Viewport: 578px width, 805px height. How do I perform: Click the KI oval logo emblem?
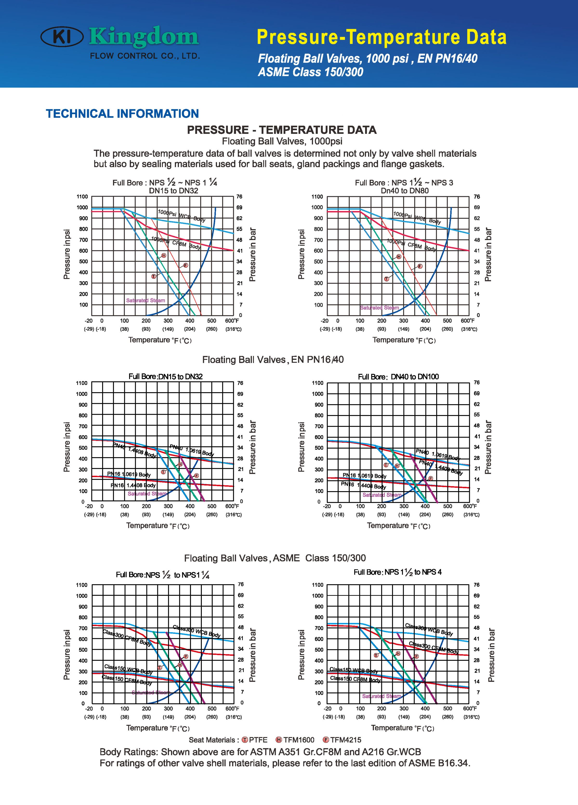62,37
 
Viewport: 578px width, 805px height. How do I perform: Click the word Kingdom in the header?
144,37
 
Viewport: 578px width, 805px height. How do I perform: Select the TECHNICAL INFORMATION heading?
122,114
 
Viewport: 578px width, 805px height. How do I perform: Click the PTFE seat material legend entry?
255,740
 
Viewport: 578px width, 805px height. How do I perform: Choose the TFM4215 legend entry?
342,740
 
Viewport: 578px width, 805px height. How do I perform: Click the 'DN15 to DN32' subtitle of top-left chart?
174,191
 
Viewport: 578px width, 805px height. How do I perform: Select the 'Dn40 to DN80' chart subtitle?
405,191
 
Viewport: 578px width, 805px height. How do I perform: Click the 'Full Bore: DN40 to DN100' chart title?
398,377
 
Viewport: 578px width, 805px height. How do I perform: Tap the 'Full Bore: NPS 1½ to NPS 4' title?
398,572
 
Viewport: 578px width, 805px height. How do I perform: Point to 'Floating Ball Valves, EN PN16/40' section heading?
273,360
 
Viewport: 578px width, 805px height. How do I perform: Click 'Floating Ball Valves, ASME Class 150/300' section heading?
275,558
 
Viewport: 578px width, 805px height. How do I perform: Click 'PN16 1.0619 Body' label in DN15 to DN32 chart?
129,474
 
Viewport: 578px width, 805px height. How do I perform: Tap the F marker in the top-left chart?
185,265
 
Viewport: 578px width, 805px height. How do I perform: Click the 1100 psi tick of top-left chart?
82,197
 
